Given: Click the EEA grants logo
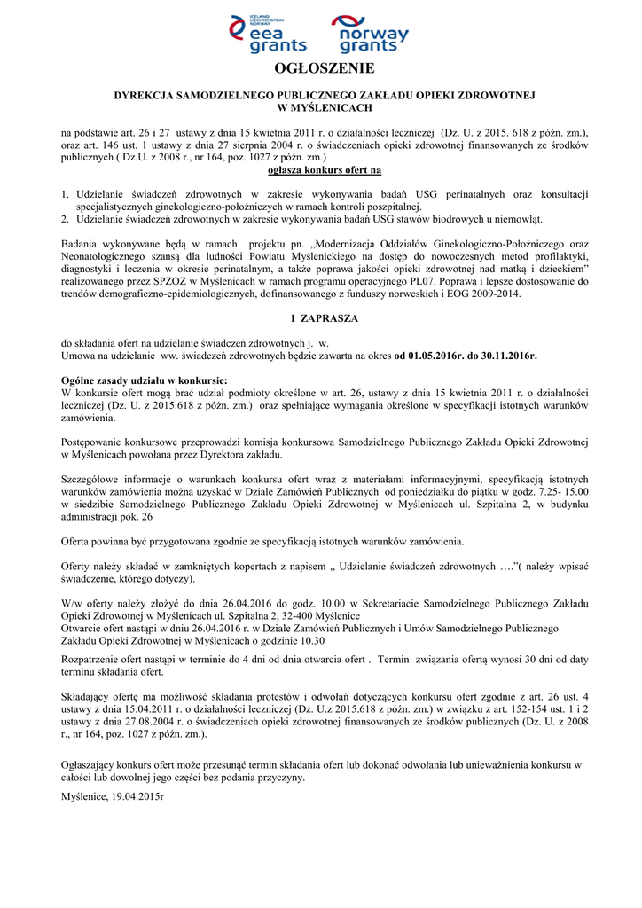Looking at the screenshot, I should [x=268, y=35].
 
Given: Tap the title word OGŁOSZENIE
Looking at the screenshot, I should [x=320, y=68].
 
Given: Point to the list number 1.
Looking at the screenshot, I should [x=65, y=193].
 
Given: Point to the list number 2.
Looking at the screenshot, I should [x=65, y=218].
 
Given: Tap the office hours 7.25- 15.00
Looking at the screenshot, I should [x=556, y=491].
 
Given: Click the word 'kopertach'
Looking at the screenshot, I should [x=232, y=566].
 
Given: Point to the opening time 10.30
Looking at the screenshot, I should [x=311, y=640].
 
